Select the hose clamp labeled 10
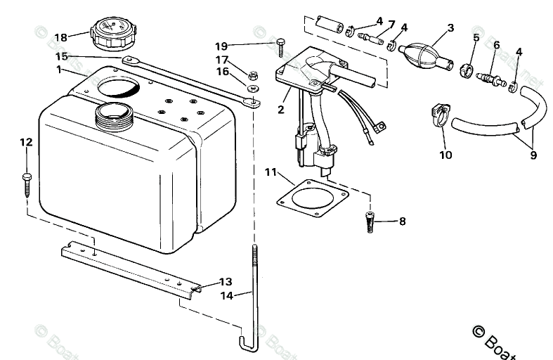pos(439,115)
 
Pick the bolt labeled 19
pos(280,46)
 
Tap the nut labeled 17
pos(254,74)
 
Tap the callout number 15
pos(62,56)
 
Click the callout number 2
pos(280,110)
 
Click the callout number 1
pos(60,70)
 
